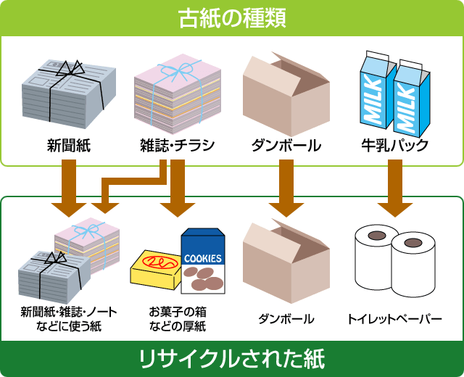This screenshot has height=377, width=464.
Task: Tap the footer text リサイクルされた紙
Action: pyautogui.click(x=231, y=358)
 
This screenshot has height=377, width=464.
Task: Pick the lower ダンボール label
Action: pyautogui.click(x=286, y=319)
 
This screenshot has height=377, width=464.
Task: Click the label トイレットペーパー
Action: pyautogui.click(x=394, y=319)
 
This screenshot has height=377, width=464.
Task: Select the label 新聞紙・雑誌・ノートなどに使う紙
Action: pyautogui.click(x=69, y=319)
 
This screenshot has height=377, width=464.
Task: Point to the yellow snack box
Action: pyautogui.click(x=154, y=272)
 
